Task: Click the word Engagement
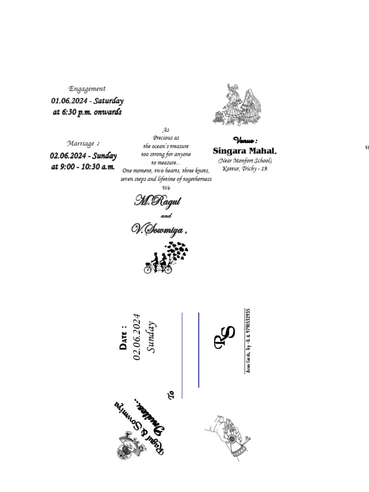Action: point(87,89)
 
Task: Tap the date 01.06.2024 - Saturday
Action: point(87,101)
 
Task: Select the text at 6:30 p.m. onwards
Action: point(87,112)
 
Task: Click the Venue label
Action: point(245,141)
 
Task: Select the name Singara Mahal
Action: point(245,151)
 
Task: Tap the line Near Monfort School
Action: point(245,160)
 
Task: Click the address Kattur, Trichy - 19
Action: point(245,169)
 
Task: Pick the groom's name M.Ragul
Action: point(157,201)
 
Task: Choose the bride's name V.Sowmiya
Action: point(158,230)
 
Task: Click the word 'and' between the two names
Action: point(166,216)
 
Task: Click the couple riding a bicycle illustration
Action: point(166,258)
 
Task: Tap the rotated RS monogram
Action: point(224,337)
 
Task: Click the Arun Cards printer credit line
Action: point(248,341)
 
